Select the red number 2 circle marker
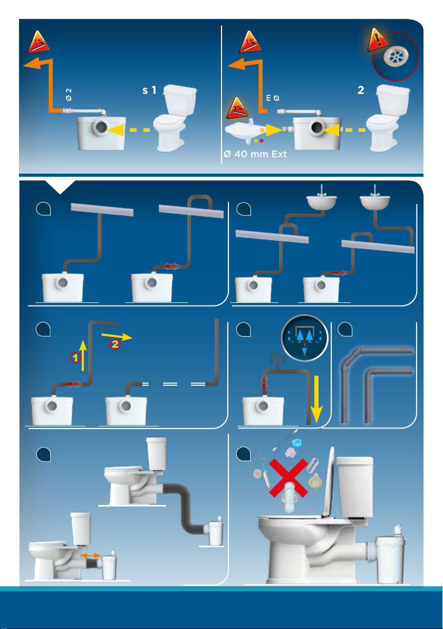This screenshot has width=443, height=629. (114, 345)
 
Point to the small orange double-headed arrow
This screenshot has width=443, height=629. (90, 556)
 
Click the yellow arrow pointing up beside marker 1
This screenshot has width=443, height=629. (82, 351)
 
